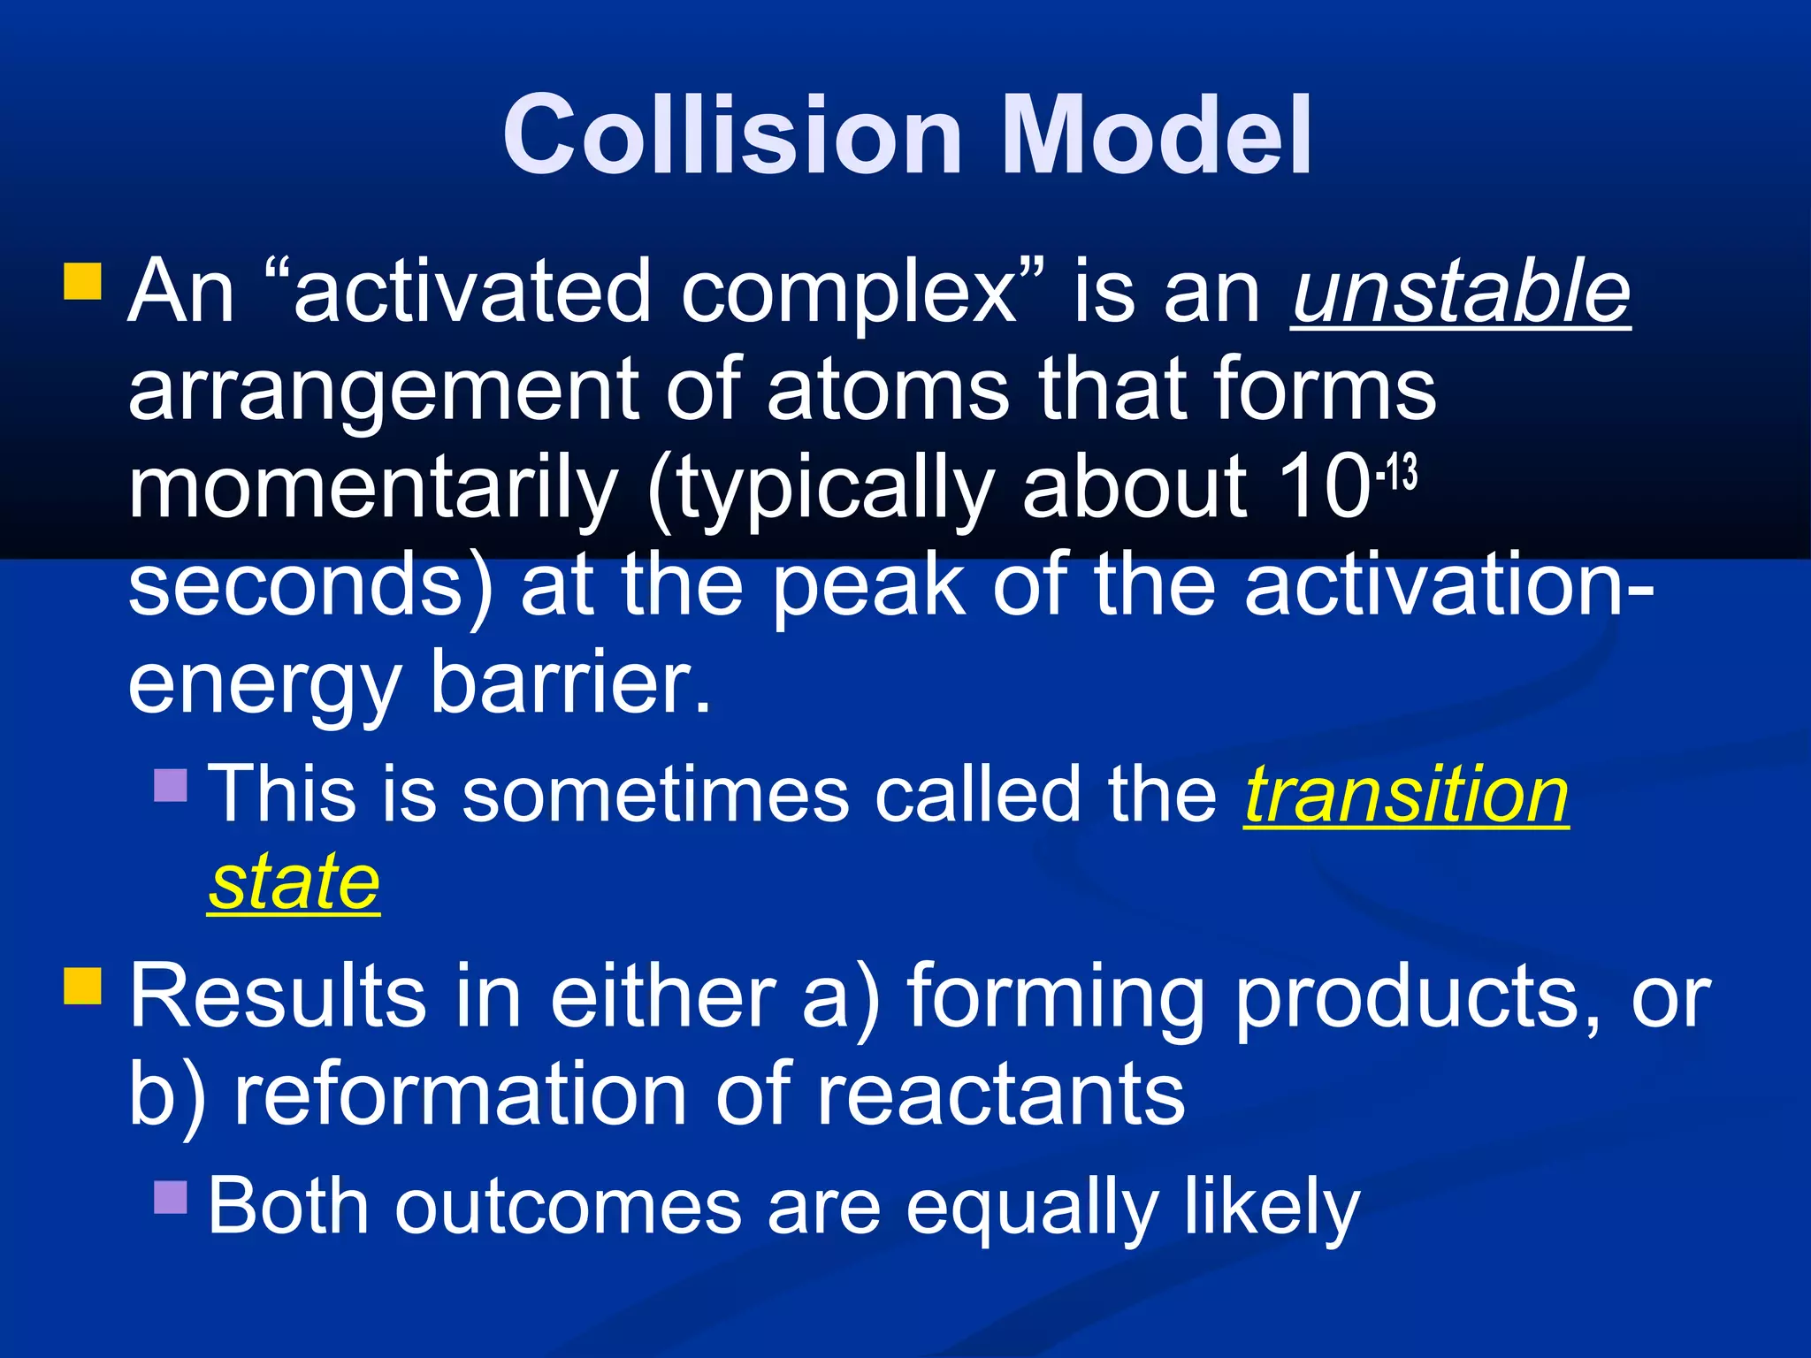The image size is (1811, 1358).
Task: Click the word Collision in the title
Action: (x=732, y=134)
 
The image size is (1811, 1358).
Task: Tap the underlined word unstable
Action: (x=1460, y=292)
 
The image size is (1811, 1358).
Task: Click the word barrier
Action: (x=570, y=683)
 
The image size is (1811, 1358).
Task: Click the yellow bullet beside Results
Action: (x=83, y=985)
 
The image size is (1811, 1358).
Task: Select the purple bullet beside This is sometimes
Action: (x=171, y=784)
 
